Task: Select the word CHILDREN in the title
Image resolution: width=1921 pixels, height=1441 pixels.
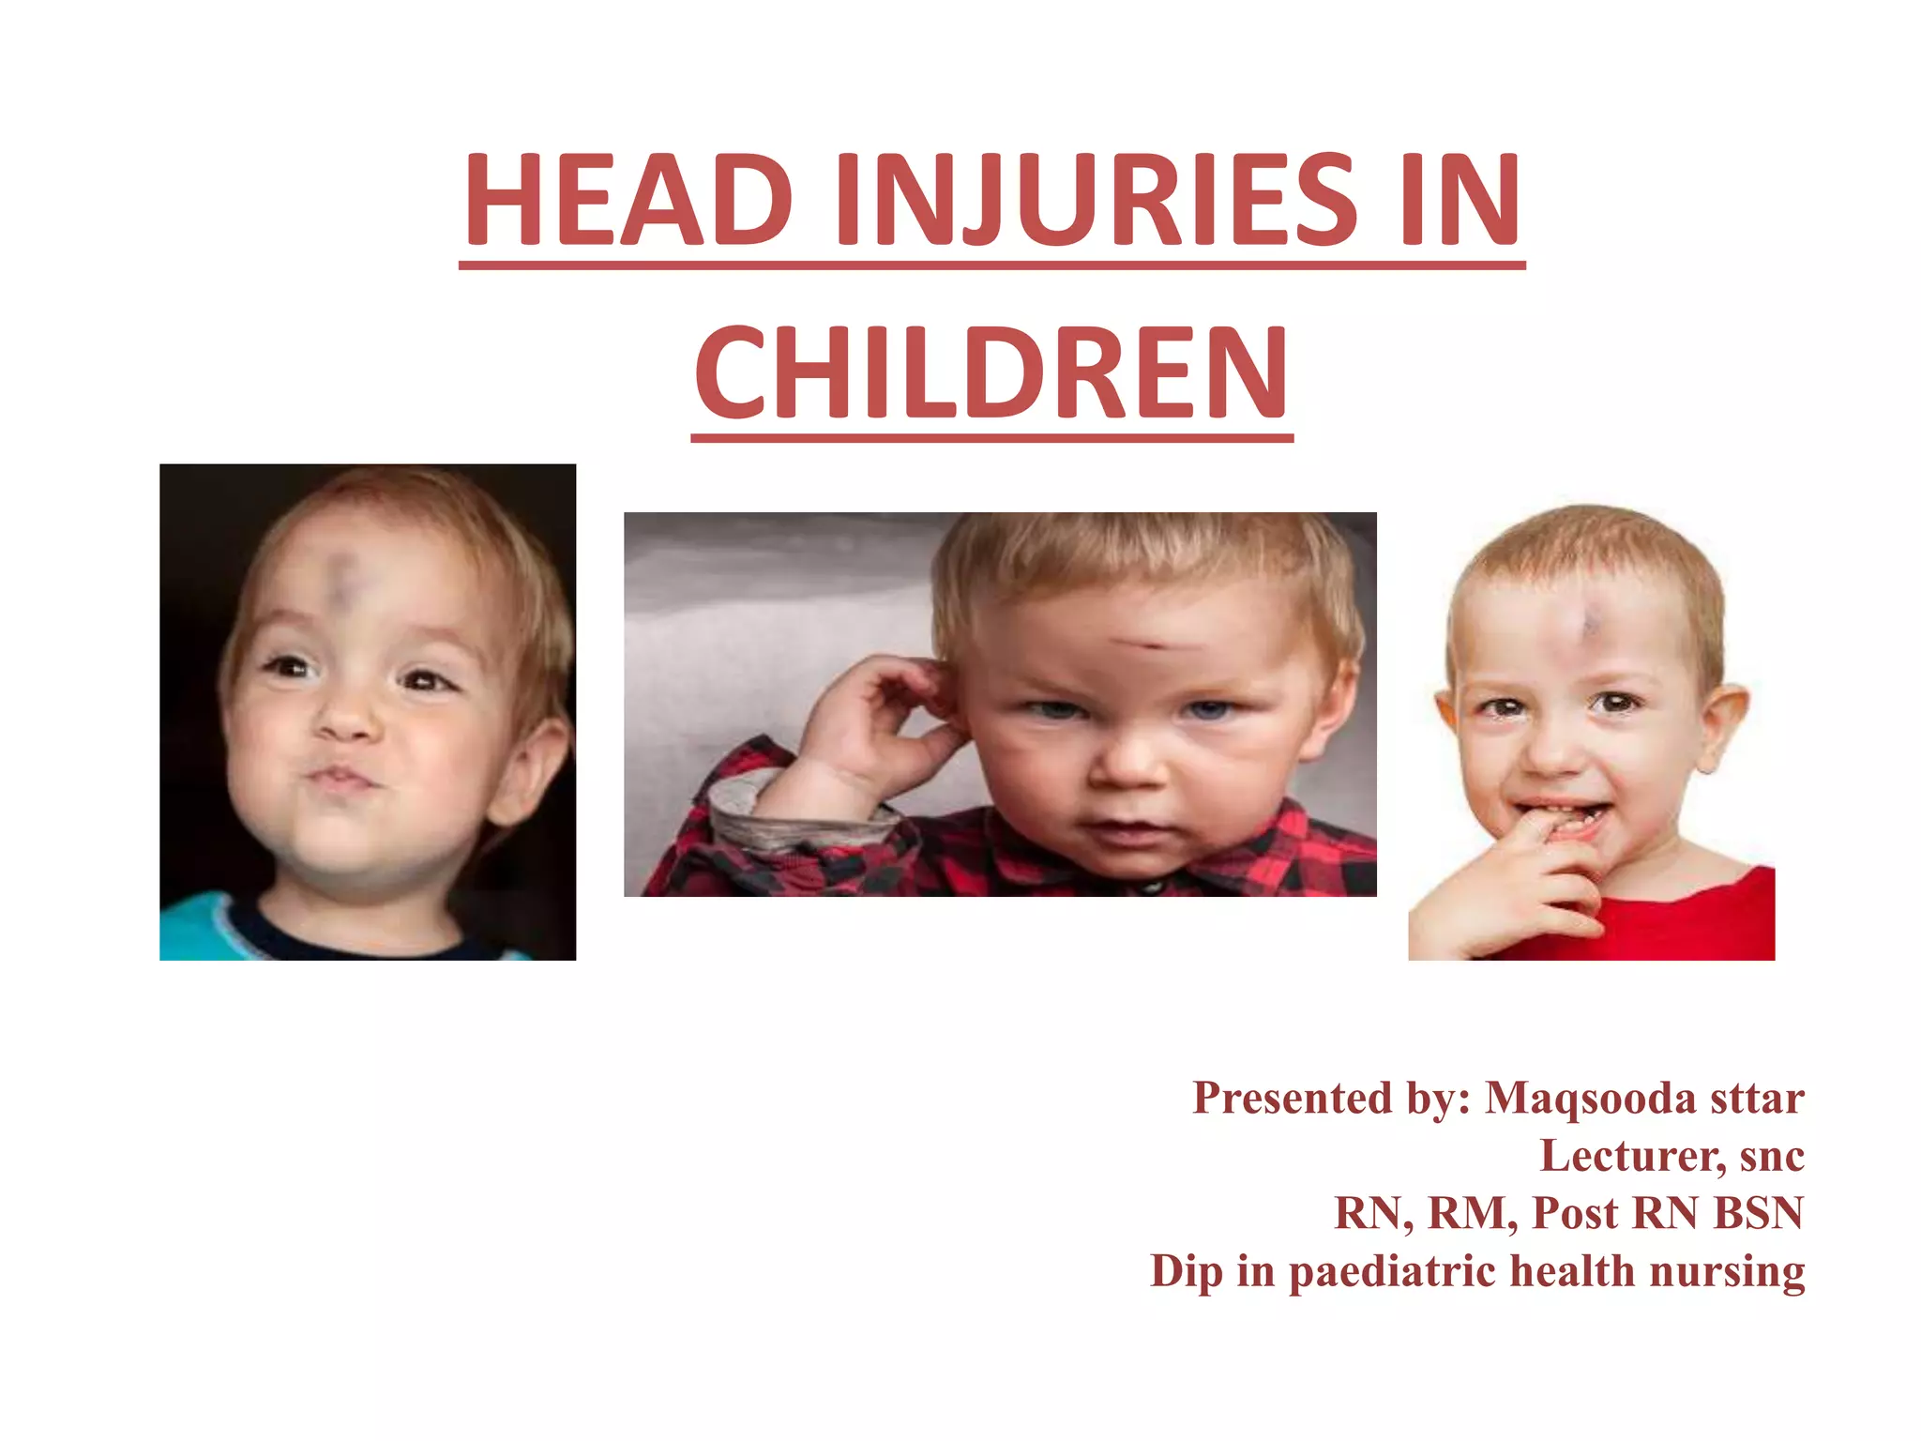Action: click(991, 372)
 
